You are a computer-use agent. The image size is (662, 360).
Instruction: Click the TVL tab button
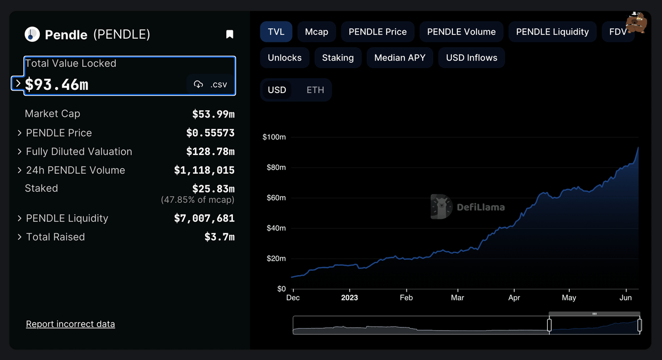point(276,32)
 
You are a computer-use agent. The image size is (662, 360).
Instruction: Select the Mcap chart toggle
point(317,32)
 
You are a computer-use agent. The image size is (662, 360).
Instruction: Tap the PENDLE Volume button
point(461,32)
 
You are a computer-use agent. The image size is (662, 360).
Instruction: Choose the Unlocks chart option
point(285,58)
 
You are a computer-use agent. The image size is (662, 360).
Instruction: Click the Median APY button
point(400,58)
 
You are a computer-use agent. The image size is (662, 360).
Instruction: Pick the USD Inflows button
point(472,58)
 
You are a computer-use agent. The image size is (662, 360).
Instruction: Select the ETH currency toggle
point(316,90)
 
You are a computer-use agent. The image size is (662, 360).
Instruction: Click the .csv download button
point(210,84)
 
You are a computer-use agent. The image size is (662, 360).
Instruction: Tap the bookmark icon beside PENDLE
point(230,35)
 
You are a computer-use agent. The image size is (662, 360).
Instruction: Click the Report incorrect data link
point(71,324)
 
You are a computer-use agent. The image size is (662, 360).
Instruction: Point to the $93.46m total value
point(57,84)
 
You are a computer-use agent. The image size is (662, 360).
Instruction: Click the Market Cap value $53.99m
point(213,114)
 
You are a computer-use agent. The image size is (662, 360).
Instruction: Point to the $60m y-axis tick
point(274,198)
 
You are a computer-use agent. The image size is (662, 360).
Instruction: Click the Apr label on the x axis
point(514,298)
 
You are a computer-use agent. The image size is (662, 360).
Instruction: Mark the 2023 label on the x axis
point(349,298)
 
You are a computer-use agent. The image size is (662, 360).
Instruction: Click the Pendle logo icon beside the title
point(32,35)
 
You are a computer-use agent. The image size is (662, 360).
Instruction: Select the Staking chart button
point(338,58)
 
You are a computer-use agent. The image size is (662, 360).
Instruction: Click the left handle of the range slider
point(549,325)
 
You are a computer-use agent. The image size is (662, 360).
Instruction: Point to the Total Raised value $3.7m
point(220,237)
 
